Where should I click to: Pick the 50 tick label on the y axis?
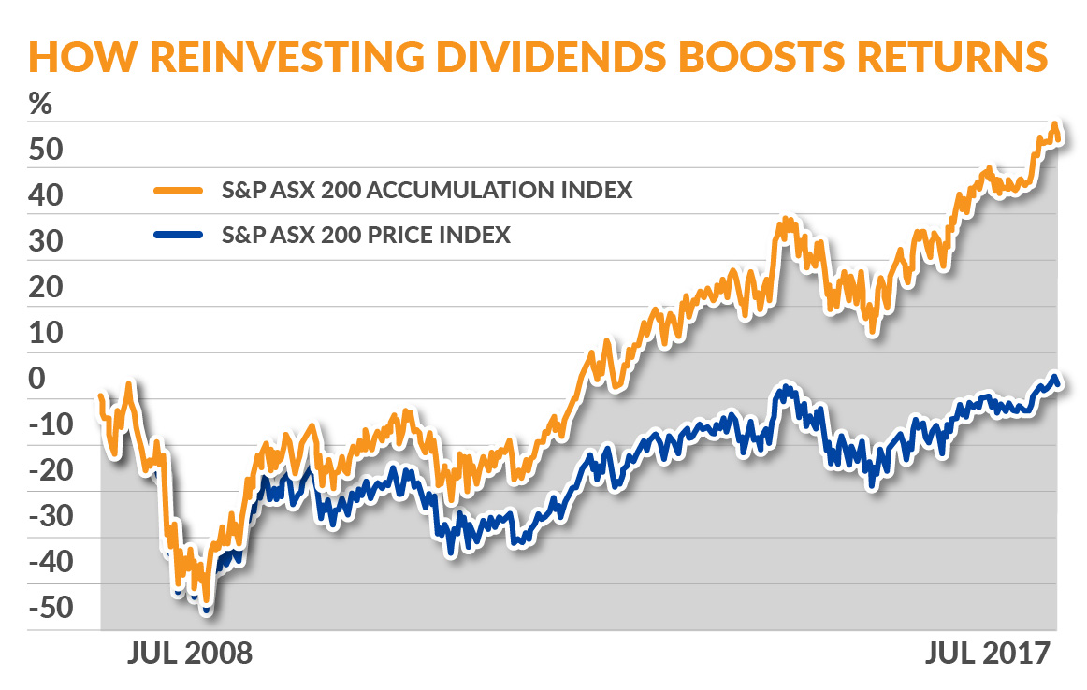pos(47,151)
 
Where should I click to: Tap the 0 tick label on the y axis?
pos(36,381)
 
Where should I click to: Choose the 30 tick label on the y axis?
pos(47,243)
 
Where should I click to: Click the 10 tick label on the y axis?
pos(47,335)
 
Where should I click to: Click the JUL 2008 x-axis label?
pos(189,653)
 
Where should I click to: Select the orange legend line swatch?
pos(178,191)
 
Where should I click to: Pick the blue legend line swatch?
pos(178,235)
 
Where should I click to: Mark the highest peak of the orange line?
pos(1054,125)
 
